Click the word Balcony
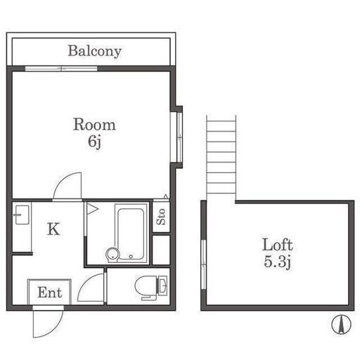coord(94,51)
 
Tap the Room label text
coord(94,124)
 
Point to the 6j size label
coord(94,141)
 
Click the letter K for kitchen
coord(53,229)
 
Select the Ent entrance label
coord(50,292)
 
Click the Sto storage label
coord(161,217)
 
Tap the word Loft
coord(278,245)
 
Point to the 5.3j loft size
coord(277,262)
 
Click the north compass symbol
coord(341,324)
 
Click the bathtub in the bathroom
coord(131,234)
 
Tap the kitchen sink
coord(22,215)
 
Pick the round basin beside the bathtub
coord(112,255)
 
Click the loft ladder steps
coord(221,157)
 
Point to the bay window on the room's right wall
coord(179,137)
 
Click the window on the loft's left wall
coord(204,264)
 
